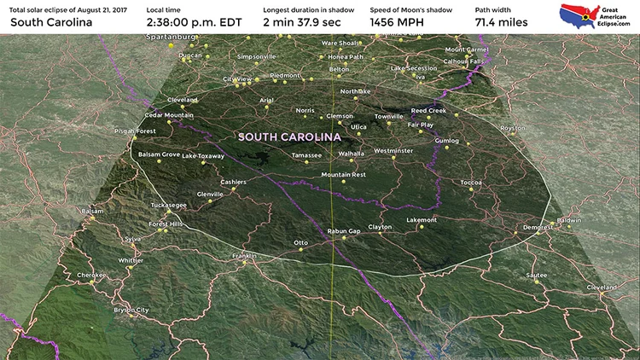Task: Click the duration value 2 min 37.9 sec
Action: (301, 22)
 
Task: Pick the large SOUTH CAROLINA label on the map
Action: (289, 136)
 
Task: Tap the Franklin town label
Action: (244, 256)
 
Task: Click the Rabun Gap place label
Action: (344, 230)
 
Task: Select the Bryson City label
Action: (131, 310)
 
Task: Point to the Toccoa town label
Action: (471, 183)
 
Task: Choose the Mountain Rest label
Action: (343, 174)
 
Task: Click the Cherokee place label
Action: (91, 275)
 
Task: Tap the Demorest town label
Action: (537, 227)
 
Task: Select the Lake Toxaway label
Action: (203, 156)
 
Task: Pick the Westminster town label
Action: (393, 150)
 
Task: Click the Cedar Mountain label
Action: (169, 115)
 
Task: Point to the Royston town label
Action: (512, 128)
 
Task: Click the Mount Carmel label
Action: (467, 49)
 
